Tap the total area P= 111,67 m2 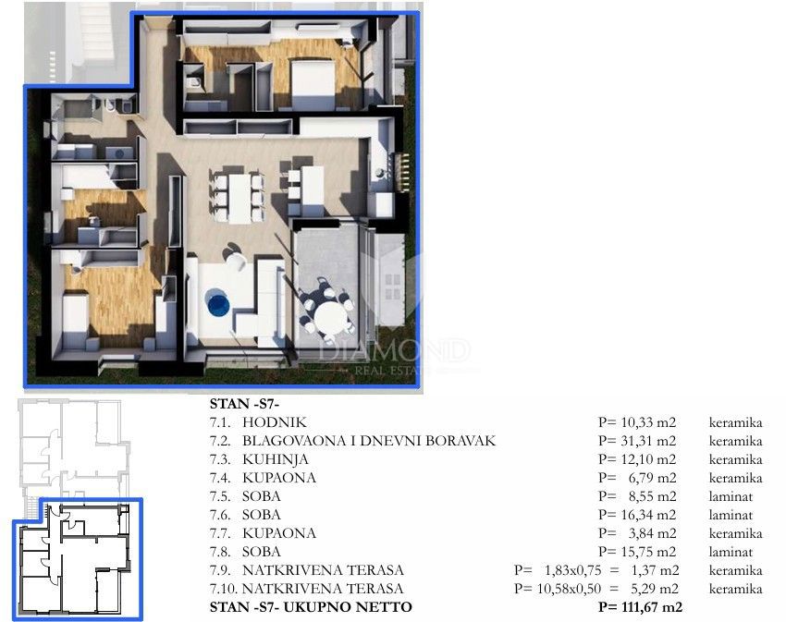point(640,607)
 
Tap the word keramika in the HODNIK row point(735,422)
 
